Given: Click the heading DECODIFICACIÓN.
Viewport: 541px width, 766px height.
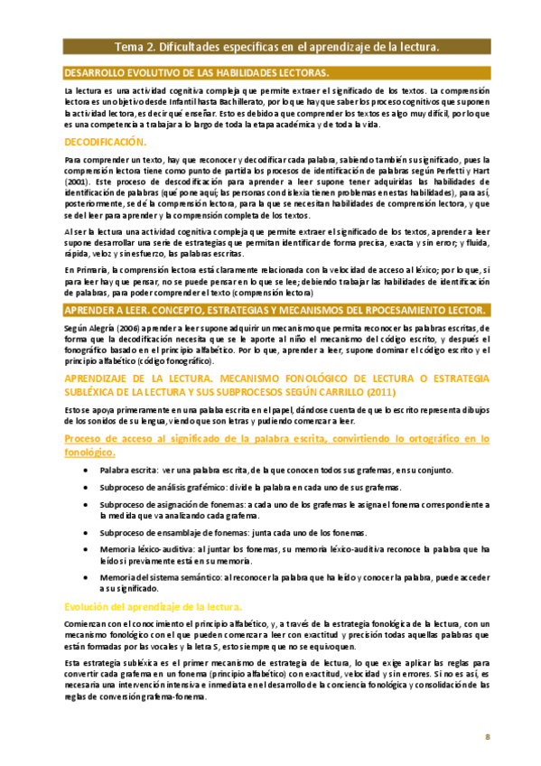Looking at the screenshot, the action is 105,142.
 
